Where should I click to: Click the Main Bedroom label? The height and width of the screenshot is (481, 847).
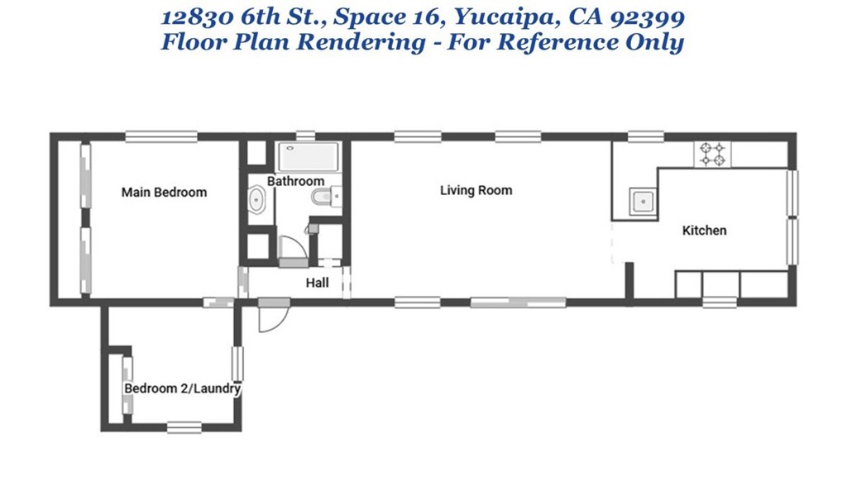point(164,193)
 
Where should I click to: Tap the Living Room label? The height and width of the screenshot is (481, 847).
point(476,190)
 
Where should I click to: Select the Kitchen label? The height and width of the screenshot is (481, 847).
point(704,231)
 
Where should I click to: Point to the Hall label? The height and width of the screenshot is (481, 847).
point(317,283)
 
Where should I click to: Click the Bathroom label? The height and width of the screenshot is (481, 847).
point(295,181)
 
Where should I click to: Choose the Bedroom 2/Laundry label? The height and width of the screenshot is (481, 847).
point(182,388)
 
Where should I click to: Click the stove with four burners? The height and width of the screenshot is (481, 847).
point(712,154)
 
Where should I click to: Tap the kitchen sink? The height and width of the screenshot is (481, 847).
point(643,202)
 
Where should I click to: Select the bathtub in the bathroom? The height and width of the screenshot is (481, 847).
point(309,157)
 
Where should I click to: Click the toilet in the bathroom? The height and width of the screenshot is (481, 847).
point(326,197)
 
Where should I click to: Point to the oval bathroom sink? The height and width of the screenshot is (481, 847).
point(256,200)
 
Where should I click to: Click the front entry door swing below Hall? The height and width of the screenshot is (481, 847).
point(275,315)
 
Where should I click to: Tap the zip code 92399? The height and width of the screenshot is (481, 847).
point(647,17)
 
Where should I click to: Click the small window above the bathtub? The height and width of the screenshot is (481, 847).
point(306,136)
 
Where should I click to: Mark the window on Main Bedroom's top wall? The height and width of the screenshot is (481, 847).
point(161,137)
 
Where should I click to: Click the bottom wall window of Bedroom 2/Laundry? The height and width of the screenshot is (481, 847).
point(184,427)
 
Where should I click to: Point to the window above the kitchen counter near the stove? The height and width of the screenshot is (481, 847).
point(646,136)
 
